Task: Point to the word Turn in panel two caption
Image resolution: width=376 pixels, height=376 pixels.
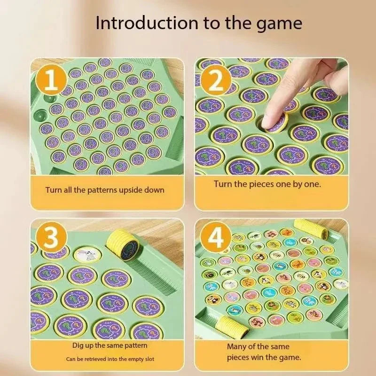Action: [x=223, y=184]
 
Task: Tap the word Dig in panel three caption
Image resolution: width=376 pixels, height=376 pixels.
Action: [x=79, y=345]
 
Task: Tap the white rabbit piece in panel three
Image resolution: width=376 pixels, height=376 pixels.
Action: [x=85, y=254]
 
